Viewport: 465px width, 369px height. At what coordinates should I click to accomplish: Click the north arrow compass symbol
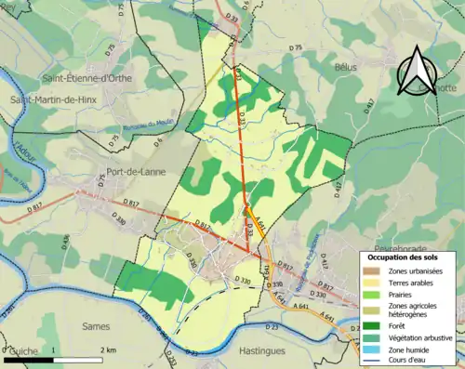click(x=421, y=69)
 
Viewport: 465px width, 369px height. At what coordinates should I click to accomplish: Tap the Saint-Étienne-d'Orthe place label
click(x=87, y=78)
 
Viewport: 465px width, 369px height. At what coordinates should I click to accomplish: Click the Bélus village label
click(x=345, y=68)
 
